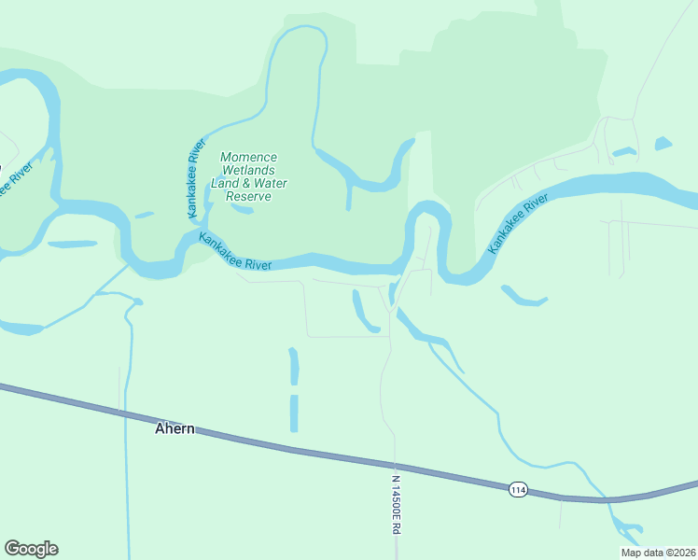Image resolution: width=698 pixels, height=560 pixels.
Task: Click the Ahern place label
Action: point(174,429)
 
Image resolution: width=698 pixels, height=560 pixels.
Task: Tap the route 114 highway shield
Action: point(519,489)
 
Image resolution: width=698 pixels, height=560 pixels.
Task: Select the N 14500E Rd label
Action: point(396,504)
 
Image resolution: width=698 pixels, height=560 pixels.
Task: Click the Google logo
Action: point(31,549)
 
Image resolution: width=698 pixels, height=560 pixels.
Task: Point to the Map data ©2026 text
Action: point(658,553)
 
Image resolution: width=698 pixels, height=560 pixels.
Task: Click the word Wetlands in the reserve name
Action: point(247,171)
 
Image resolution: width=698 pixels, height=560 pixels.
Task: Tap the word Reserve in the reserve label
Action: point(248,197)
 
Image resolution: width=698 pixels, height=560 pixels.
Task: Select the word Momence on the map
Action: point(248,158)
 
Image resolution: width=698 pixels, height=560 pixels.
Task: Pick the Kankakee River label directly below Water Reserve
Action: point(235,252)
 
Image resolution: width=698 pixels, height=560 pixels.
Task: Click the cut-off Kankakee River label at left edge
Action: point(7,180)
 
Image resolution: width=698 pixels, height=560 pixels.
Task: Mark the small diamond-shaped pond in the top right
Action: point(663,144)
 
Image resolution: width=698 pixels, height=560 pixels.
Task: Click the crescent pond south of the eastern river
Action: point(523,297)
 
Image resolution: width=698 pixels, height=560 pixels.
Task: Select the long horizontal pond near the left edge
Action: point(72,245)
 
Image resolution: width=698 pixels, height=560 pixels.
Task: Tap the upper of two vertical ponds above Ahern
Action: point(294,366)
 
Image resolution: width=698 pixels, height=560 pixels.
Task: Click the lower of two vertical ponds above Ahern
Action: point(294,413)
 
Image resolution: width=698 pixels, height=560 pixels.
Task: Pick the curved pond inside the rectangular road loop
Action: point(364,312)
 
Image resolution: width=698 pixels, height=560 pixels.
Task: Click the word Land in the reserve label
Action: point(225,184)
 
